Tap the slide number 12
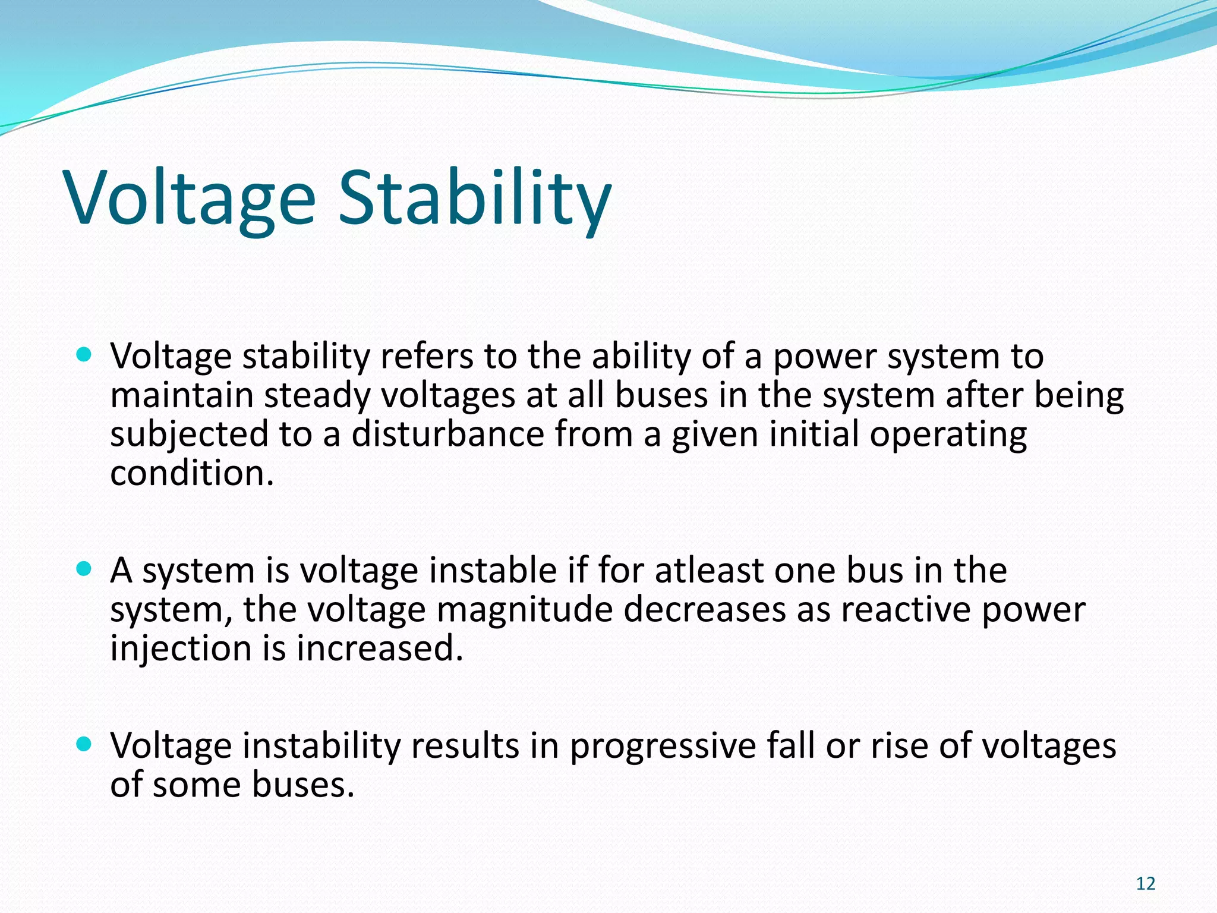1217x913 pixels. click(x=1145, y=884)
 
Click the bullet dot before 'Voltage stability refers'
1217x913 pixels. click(x=84, y=355)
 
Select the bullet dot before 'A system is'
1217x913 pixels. click(x=84, y=569)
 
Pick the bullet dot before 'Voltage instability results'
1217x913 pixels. click(x=84, y=744)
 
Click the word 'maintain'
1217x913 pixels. click(x=182, y=395)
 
